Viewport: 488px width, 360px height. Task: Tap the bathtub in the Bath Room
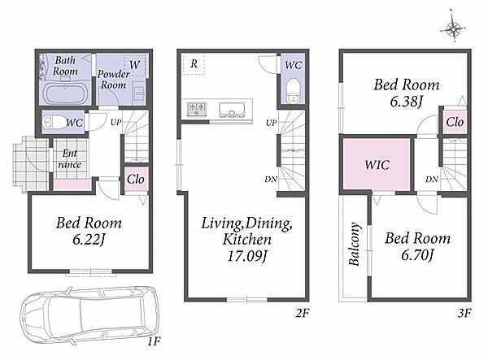(65, 93)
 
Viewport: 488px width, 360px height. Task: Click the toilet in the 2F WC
(293, 90)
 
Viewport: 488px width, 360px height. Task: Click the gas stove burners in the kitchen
(197, 109)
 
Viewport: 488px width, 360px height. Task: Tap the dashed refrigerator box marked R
(194, 63)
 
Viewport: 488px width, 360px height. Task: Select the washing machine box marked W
(135, 65)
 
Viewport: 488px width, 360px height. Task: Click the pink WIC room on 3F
(377, 164)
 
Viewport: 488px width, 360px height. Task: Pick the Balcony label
(354, 244)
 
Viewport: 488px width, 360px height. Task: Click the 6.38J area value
(406, 102)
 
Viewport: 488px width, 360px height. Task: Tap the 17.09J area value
(247, 256)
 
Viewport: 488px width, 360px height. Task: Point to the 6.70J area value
(417, 255)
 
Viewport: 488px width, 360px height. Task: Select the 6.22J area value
(89, 240)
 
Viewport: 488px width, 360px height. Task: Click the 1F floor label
(154, 342)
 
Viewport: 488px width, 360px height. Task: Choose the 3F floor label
(464, 313)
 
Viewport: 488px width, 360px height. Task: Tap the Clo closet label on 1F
(136, 180)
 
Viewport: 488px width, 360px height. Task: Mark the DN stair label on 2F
(271, 179)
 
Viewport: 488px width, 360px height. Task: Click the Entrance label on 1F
(70, 158)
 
